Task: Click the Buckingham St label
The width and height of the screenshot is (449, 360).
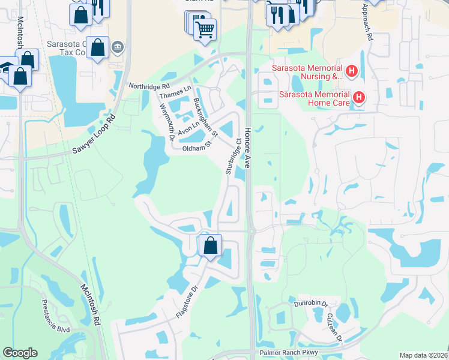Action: pyautogui.click(x=205, y=117)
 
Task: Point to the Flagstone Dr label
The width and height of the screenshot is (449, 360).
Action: pyautogui.click(x=187, y=296)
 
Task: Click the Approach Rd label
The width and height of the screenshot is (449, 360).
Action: pyautogui.click(x=367, y=22)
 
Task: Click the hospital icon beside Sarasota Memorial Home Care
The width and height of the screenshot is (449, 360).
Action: pyautogui.click(x=359, y=97)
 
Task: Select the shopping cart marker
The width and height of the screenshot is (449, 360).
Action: pyautogui.click(x=205, y=28)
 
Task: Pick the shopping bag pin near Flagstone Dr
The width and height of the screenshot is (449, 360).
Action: pyautogui.click(x=210, y=245)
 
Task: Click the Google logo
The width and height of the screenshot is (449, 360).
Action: pyautogui.click(x=20, y=352)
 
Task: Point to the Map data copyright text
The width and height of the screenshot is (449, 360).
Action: pyautogui.click(x=422, y=355)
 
